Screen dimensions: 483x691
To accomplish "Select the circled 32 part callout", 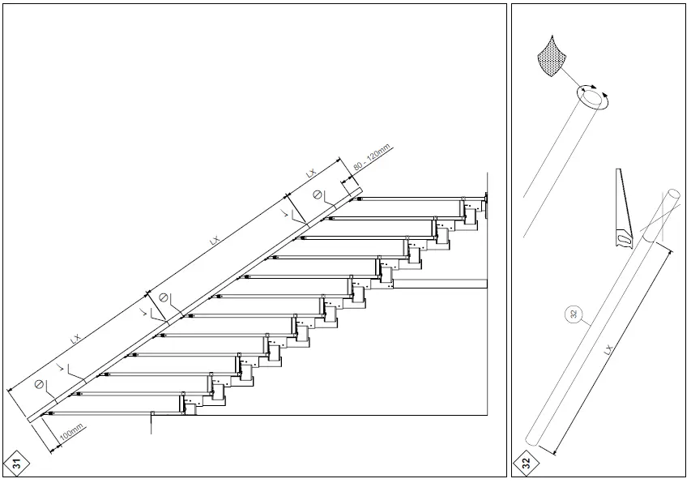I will (x=574, y=316).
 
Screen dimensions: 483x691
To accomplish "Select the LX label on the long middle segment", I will (x=214, y=241).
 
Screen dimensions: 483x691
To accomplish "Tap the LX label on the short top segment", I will (x=310, y=173).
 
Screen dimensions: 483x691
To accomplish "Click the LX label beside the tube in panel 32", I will (x=609, y=350).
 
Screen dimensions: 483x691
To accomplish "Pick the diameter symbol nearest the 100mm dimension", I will (x=37, y=383).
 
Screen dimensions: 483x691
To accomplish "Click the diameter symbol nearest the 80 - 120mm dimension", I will (x=318, y=194).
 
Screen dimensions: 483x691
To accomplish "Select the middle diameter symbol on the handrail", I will (x=164, y=297).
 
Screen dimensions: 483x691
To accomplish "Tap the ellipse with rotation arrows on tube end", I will (x=593, y=98).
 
